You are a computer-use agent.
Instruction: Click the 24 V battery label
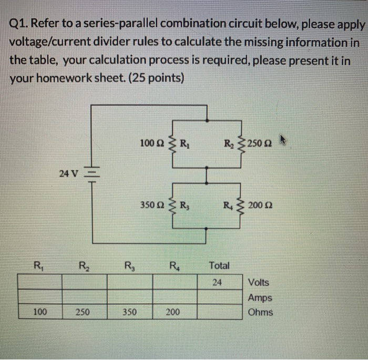click(69, 171)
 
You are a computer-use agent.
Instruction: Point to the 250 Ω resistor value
click(262, 142)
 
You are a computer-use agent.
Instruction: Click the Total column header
click(219, 265)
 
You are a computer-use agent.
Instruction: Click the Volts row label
click(258, 282)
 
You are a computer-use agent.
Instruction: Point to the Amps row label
click(260, 297)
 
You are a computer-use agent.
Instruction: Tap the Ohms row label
click(260, 312)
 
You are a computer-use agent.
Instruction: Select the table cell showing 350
click(129, 312)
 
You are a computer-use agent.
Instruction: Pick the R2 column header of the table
click(84, 265)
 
